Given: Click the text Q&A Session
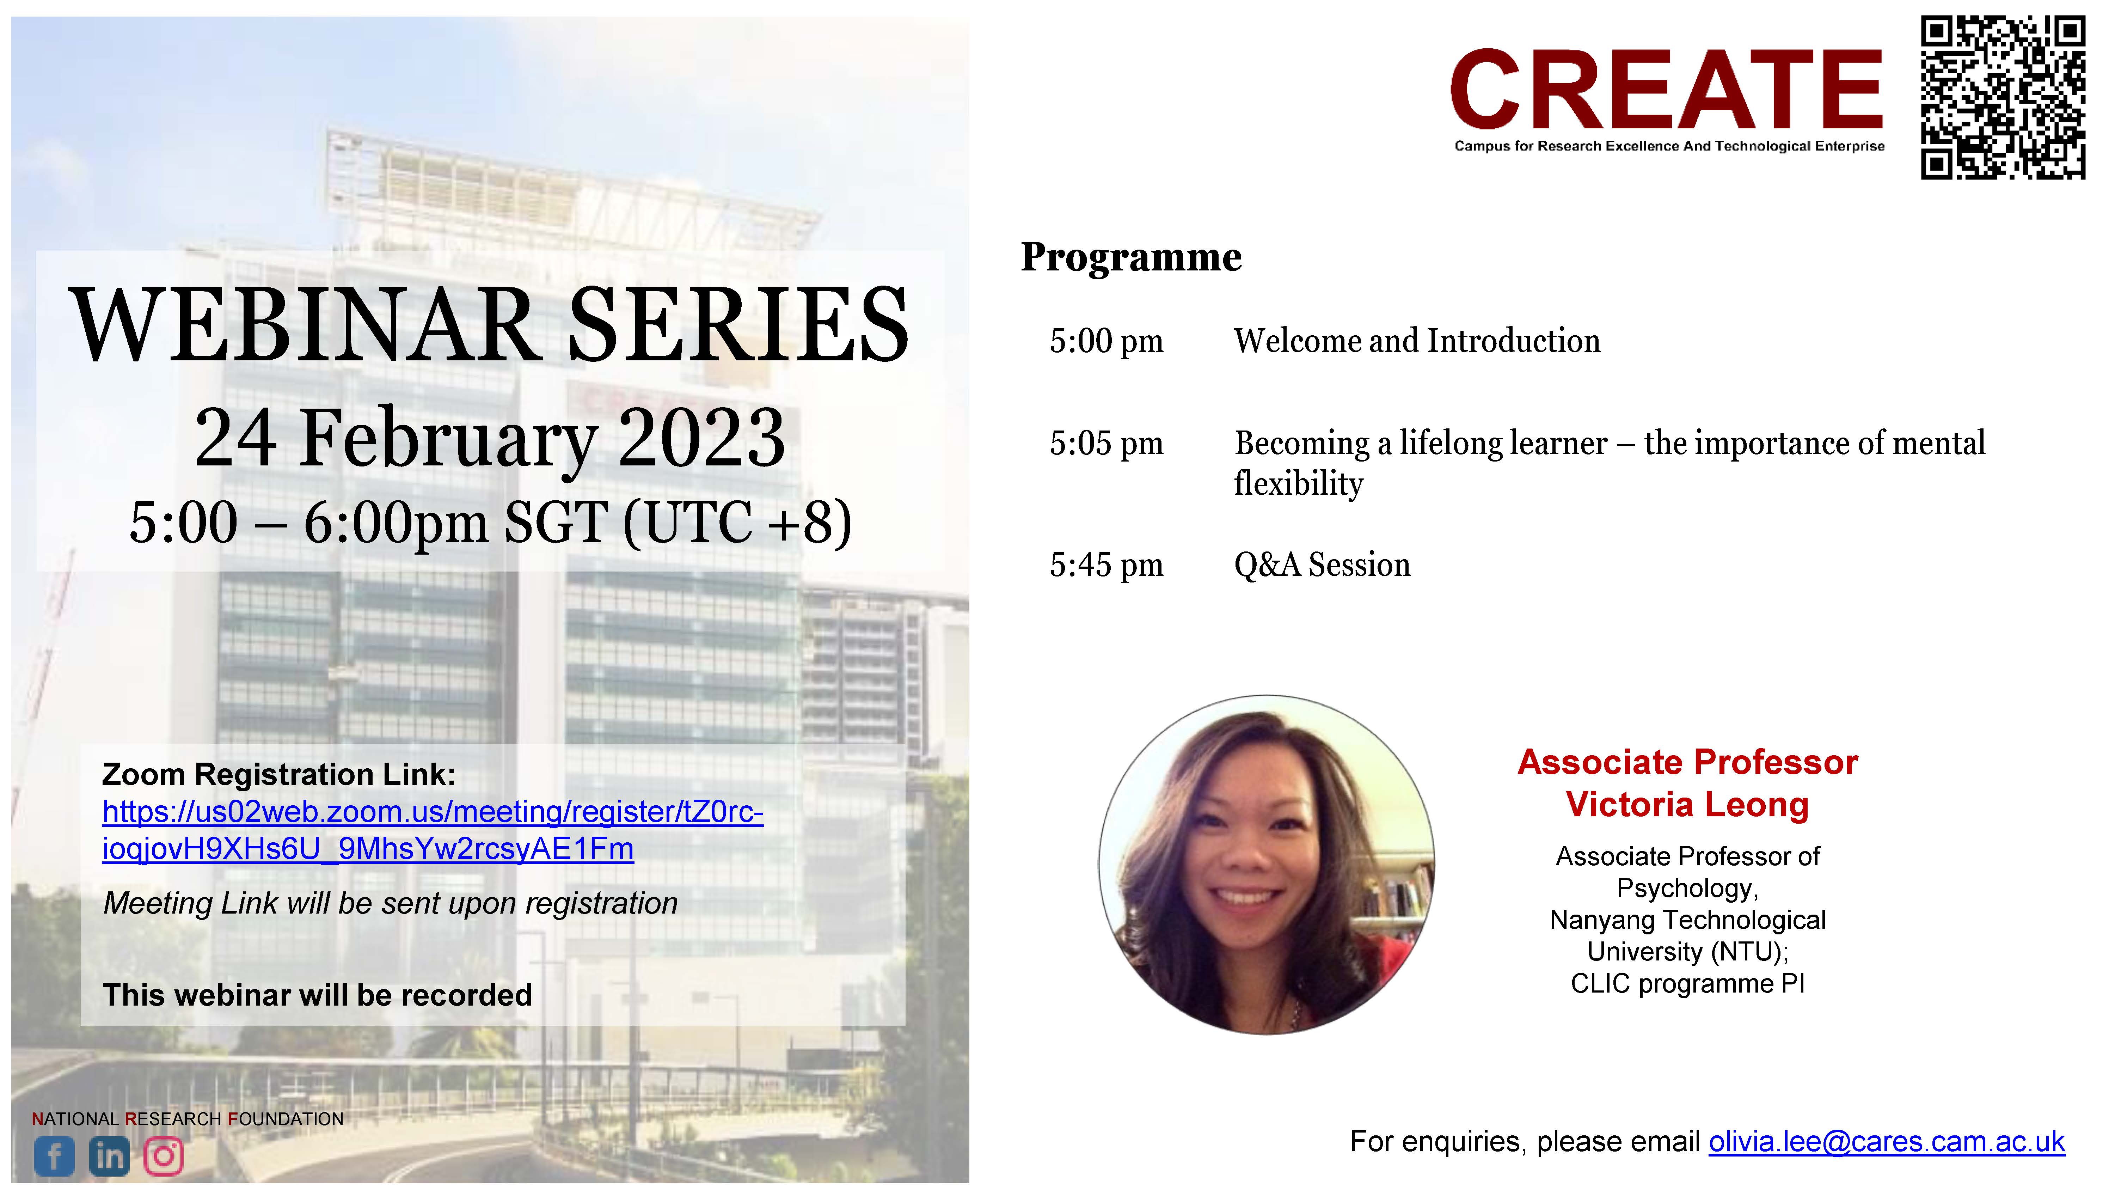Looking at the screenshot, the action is point(1322,565).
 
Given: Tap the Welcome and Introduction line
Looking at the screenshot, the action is point(1417,341).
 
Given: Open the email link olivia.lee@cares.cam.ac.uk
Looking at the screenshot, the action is point(1887,1142).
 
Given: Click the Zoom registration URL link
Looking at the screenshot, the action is point(433,830).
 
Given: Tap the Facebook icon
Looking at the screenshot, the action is point(54,1157).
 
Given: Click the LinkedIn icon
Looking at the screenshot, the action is point(109,1157).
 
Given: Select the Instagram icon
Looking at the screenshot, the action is point(164,1157).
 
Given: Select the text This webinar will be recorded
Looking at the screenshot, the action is point(317,995).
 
